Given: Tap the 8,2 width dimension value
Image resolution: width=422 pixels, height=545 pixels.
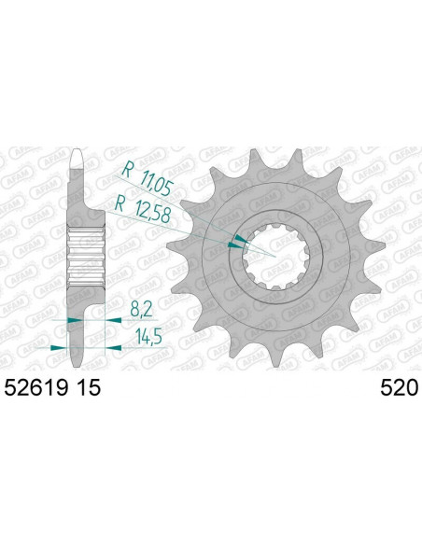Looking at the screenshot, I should click(x=138, y=307).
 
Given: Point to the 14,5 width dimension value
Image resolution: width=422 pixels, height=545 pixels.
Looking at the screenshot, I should click(x=142, y=332).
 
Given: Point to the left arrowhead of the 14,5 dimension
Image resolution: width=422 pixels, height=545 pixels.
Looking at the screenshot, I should click(x=58, y=346).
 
